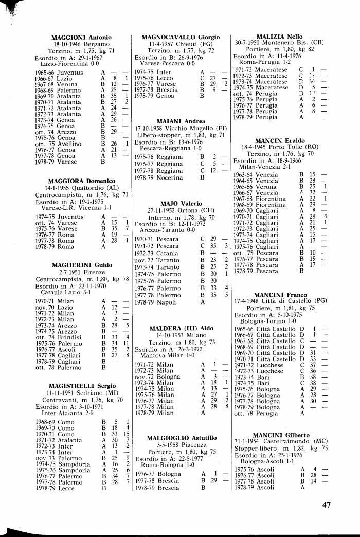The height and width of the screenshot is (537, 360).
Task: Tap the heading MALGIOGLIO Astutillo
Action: tap(181, 438)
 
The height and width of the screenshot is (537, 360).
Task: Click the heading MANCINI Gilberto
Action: tap(279, 435)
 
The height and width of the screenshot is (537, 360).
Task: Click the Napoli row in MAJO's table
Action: tap(165, 302)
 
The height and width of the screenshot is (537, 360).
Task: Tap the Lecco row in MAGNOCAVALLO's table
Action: tap(165, 78)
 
